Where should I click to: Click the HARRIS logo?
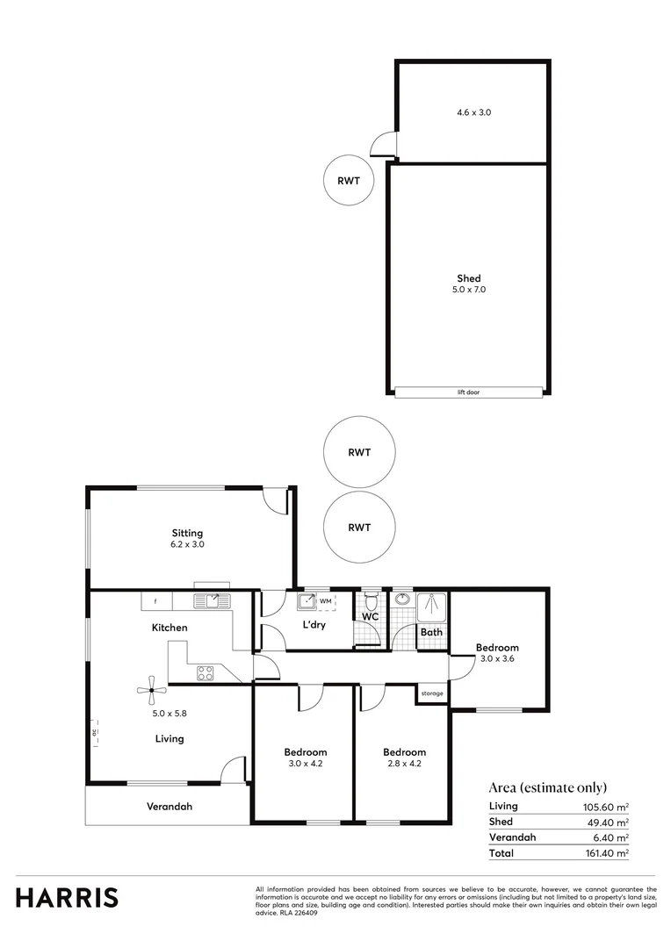pyautogui.click(x=67, y=897)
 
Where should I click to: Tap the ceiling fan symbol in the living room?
pyautogui.click(x=151, y=690)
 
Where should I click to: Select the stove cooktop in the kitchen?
pyautogui.click(x=206, y=673)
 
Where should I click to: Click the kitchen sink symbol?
pyautogui.click(x=211, y=601)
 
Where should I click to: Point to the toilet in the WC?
pyautogui.click(x=372, y=601)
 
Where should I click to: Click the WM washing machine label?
pyautogui.click(x=326, y=601)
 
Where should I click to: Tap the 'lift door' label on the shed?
pyautogui.click(x=468, y=392)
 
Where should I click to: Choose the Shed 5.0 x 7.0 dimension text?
pyautogui.click(x=468, y=290)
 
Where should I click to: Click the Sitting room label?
pyautogui.click(x=187, y=533)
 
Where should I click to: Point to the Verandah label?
pyautogui.click(x=170, y=806)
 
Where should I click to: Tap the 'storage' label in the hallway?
pyautogui.click(x=432, y=693)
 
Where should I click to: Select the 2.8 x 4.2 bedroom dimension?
pyautogui.click(x=404, y=765)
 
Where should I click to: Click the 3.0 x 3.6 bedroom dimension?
pyautogui.click(x=497, y=659)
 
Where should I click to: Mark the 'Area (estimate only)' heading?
pyautogui.click(x=547, y=787)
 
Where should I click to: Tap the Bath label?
pyautogui.click(x=430, y=631)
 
